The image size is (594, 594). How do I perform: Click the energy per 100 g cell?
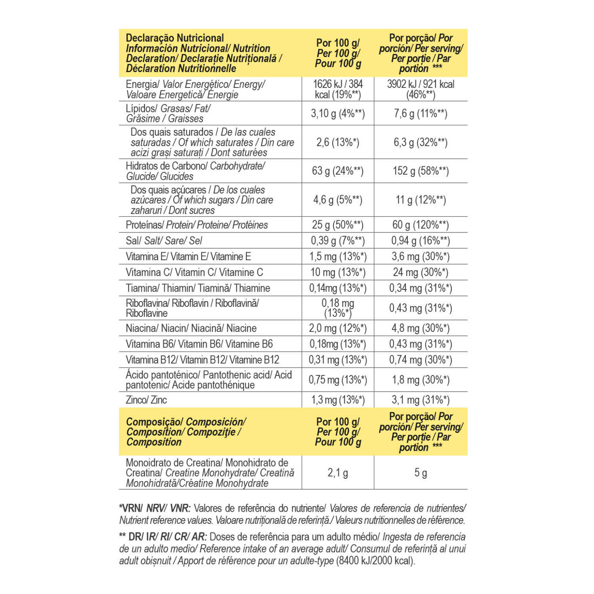(x=338, y=89)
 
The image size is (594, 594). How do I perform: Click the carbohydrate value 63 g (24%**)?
(x=338, y=171)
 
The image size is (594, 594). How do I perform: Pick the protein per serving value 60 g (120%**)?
(x=421, y=225)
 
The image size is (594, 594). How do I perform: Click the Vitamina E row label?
(x=188, y=257)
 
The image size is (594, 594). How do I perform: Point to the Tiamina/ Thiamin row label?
(x=198, y=288)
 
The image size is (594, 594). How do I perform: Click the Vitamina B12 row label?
(x=202, y=360)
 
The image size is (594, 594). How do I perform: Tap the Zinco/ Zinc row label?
(x=146, y=400)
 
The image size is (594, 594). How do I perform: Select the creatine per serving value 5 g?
(x=421, y=473)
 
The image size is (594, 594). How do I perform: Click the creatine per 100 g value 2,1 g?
(x=338, y=473)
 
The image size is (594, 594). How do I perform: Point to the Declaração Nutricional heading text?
(x=175, y=38)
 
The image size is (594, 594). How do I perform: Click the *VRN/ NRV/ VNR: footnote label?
(x=155, y=508)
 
